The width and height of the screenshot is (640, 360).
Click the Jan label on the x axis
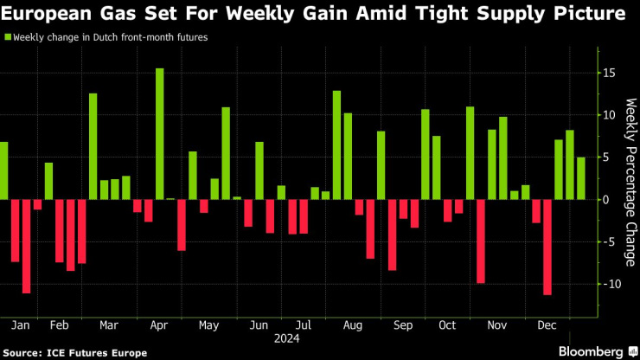click(21, 326)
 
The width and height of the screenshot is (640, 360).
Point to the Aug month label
click(352, 326)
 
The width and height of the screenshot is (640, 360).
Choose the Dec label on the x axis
click(547, 326)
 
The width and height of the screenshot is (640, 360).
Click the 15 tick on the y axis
click(608, 73)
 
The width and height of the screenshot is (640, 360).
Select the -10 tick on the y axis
click(608, 284)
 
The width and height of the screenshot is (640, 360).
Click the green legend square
click(6, 37)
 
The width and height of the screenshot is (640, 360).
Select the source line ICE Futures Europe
click(76, 352)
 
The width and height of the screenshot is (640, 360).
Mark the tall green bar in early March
click(93, 146)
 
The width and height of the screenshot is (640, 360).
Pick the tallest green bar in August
click(336, 145)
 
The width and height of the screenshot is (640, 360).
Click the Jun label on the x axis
click(259, 326)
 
